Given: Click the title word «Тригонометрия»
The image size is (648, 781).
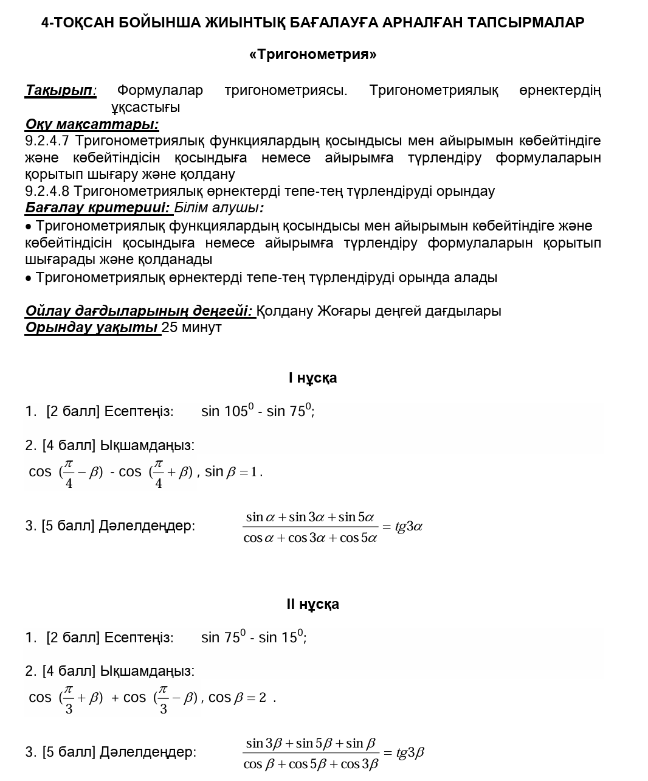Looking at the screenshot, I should [312, 55].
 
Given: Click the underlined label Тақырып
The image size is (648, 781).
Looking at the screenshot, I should [60, 91].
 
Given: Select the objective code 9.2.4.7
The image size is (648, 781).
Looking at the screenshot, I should [47, 141].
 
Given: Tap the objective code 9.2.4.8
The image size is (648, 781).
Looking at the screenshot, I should [47, 192].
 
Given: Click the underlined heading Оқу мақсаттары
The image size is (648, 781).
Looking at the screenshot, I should [92, 125].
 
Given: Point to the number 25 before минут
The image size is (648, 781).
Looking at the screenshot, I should [170, 327].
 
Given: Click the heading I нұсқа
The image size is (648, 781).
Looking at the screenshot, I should [312, 378].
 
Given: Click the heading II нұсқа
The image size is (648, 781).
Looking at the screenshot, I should [312, 604].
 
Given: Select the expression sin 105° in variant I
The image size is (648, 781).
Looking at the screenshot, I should [226, 411].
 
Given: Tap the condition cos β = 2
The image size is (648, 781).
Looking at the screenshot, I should [237, 698].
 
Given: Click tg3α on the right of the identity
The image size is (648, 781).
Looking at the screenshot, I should [408, 527].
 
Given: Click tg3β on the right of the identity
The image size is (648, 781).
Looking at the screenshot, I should [410, 753].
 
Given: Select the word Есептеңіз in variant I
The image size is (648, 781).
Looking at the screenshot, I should [139, 412].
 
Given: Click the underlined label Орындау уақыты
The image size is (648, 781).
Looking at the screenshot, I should [92, 327].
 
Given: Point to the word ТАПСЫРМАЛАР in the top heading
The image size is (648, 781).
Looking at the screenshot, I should [526, 23].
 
